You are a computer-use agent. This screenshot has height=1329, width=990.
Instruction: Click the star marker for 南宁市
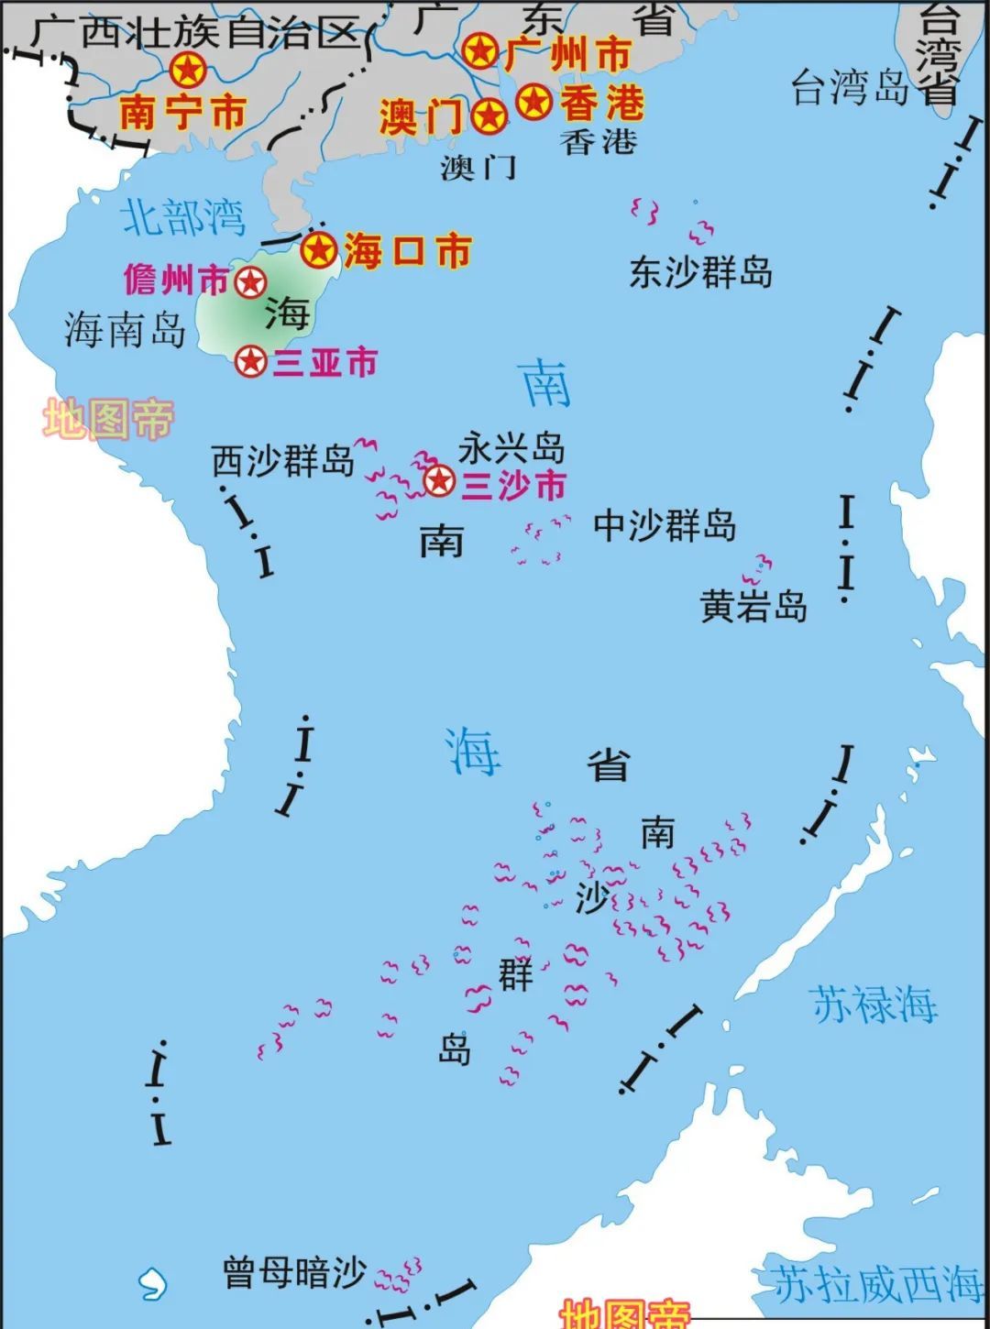pyautogui.click(x=187, y=70)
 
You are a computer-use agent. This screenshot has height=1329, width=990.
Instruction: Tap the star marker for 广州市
pyautogui.click(x=479, y=50)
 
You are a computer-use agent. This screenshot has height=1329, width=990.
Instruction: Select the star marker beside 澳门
pyautogui.click(x=489, y=116)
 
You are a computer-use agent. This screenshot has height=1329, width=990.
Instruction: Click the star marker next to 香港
pyautogui.click(x=533, y=101)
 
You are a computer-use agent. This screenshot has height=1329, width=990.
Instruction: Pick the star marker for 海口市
pyautogui.click(x=319, y=249)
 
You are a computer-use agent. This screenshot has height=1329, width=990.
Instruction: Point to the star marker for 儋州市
pyautogui.click(x=250, y=282)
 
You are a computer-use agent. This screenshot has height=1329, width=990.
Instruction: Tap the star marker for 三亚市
pyautogui.click(x=250, y=362)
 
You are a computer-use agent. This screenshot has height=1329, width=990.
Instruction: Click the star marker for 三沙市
pyautogui.click(x=439, y=479)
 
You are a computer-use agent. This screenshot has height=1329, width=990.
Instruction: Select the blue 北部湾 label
pyautogui.click(x=184, y=217)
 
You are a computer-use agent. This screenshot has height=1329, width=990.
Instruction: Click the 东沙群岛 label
pyautogui.click(x=700, y=272)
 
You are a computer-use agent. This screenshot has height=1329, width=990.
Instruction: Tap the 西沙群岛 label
pyautogui.click(x=283, y=460)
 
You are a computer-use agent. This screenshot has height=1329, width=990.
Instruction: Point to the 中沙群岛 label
pyautogui.click(x=665, y=526)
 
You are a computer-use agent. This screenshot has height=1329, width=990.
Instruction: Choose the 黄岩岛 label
pyautogui.click(x=753, y=607)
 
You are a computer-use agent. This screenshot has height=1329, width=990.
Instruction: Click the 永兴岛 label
pyautogui.click(x=511, y=448)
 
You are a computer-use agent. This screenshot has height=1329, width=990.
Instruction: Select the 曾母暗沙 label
pyautogui.click(x=295, y=1272)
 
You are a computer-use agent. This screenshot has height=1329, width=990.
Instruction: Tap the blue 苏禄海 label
pyautogui.click(x=874, y=1004)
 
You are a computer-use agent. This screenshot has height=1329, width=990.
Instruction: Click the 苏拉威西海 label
pyautogui.click(x=876, y=1284)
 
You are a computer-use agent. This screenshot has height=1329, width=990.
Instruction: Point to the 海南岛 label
pyautogui.click(x=126, y=330)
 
